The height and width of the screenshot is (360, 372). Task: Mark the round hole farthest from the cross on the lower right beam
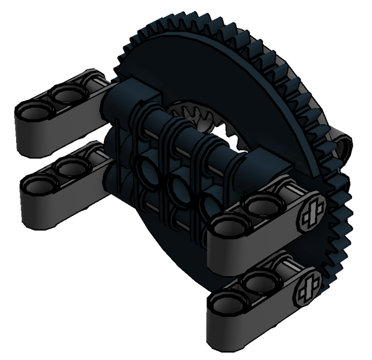point(224,302)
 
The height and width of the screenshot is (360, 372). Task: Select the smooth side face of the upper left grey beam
point(37,140)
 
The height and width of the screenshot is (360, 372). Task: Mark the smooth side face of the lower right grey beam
point(248,326)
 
